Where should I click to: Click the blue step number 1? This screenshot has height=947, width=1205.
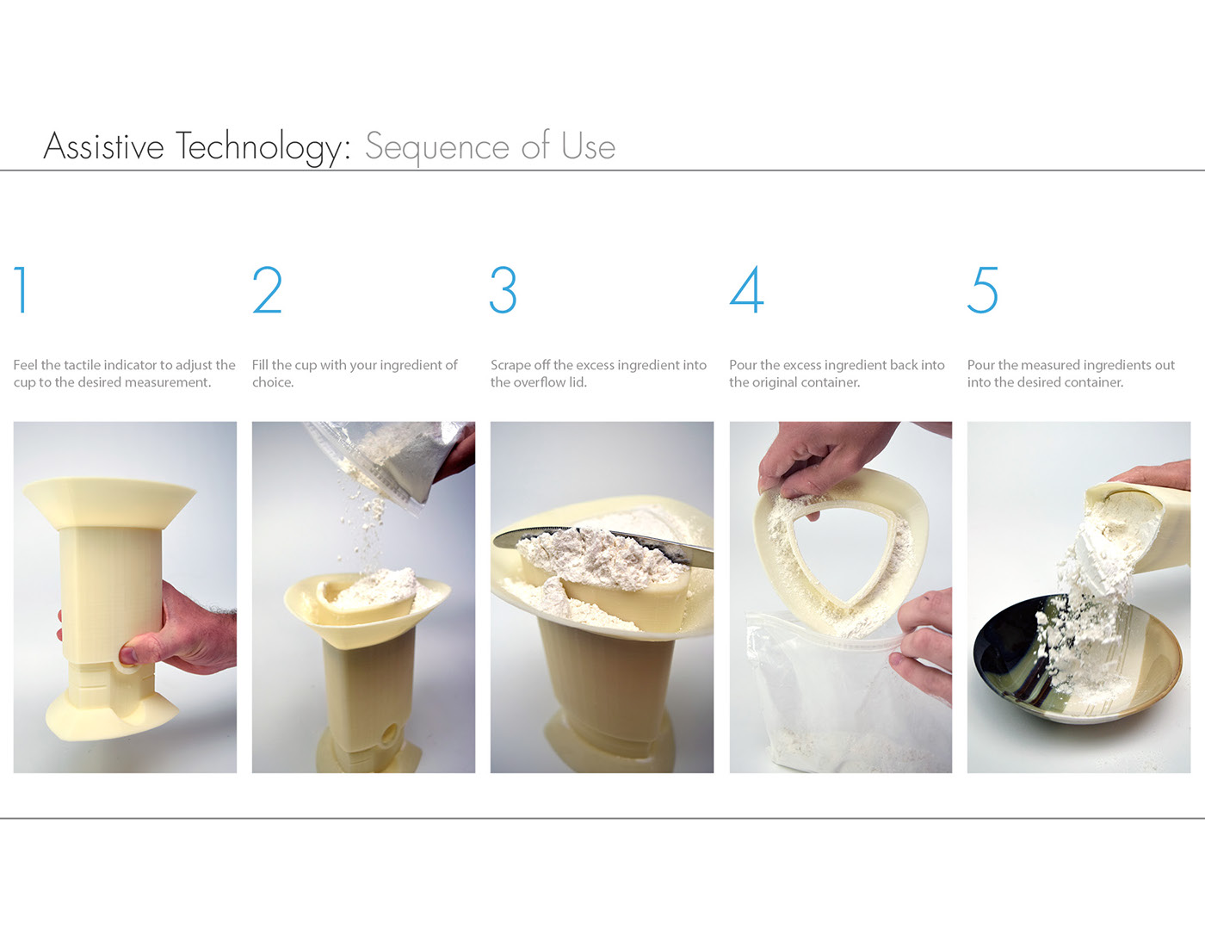(x=22, y=289)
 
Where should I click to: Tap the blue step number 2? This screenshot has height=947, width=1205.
(x=267, y=289)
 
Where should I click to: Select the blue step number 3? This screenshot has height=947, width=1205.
(x=503, y=289)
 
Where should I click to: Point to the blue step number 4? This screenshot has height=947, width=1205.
(x=746, y=289)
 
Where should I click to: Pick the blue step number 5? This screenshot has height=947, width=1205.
(x=982, y=289)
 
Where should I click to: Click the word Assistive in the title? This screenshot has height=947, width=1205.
(x=103, y=146)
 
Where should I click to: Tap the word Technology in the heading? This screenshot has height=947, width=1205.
(x=263, y=147)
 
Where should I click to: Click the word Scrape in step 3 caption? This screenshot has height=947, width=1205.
(x=510, y=365)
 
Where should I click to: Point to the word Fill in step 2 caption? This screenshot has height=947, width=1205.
(x=260, y=365)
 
